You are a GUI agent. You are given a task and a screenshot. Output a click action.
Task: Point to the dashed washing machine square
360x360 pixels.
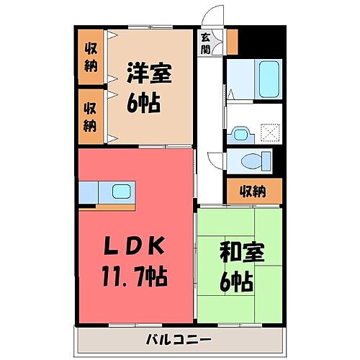(x=270, y=132)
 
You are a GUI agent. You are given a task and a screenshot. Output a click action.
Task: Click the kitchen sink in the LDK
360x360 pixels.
(x=120, y=192)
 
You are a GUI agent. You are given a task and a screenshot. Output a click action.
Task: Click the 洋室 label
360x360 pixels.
(x=150, y=74)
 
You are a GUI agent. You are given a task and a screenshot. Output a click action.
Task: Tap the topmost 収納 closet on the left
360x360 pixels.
(x=91, y=56)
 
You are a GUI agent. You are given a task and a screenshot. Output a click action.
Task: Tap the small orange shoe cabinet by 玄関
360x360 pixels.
(x=232, y=40)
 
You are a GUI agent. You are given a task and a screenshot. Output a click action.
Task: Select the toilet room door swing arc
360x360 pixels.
(x=215, y=162)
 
